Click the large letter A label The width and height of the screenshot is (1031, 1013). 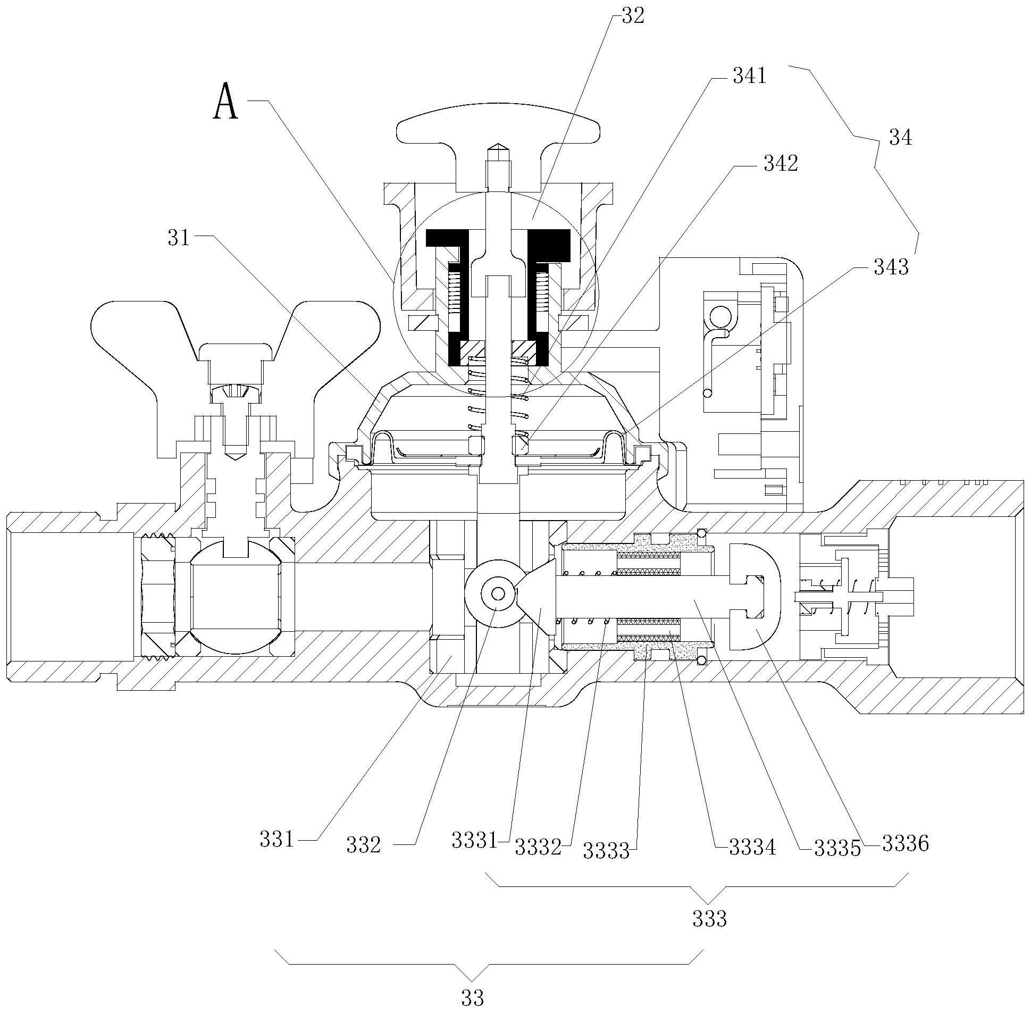[x=225, y=103]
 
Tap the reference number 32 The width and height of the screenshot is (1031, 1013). [x=632, y=16]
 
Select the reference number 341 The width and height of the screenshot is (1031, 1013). [x=749, y=77]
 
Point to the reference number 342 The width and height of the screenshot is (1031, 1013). [x=781, y=164]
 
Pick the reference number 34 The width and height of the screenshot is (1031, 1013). [x=900, y=138]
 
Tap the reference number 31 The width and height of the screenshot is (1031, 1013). [x=179, y=238]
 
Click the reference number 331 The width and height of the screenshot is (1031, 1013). [x=276, y=839]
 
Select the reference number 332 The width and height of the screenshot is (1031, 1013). [x=363, y=845]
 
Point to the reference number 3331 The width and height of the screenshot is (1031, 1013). [x=474, y=840]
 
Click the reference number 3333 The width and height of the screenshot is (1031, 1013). [x=606, y=850]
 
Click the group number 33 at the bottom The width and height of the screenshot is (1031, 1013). [x=472, y=998]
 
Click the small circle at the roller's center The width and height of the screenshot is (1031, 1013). [x=497, y=593]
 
